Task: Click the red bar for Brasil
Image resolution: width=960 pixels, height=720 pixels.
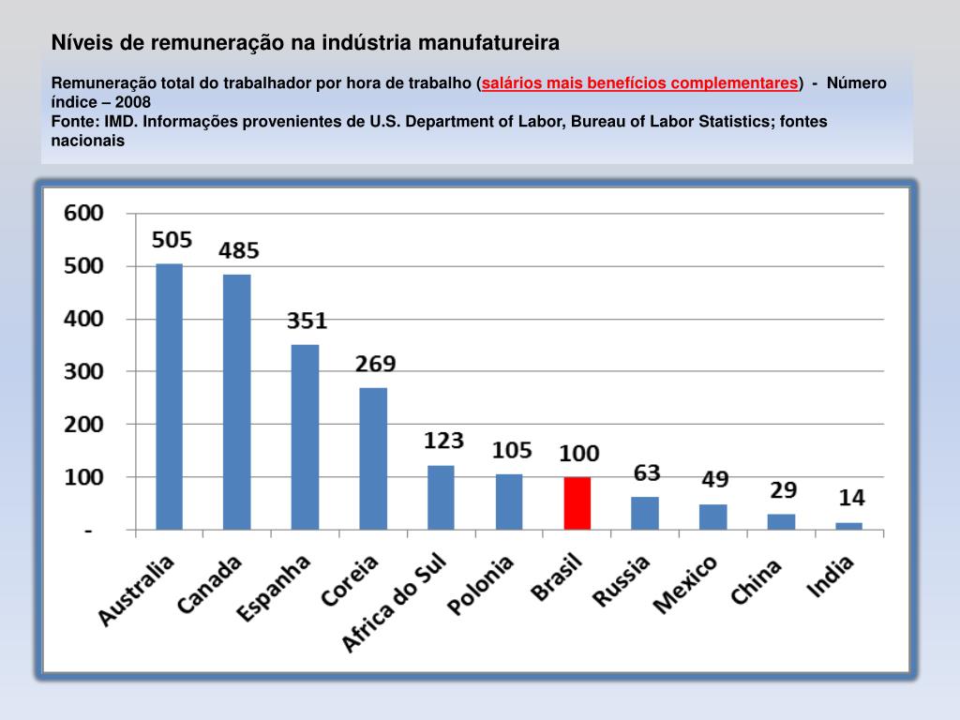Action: [x=577, y=503]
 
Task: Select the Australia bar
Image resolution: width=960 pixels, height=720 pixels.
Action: [x=169, y=397]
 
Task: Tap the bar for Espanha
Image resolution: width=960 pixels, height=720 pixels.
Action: [x=305, y=437]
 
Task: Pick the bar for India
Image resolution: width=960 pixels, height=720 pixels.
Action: [x=848, y=526]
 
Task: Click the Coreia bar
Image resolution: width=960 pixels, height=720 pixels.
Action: [x=373, y=458]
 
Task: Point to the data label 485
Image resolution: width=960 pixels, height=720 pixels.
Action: [x=239, y=251]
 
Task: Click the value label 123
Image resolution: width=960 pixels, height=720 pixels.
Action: [x=444, y=441]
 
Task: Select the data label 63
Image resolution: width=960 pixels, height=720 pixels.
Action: [x=647, y=472]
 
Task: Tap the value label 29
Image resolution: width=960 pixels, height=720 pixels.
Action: [x=783, y=489]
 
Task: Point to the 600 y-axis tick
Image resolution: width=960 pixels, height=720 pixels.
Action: [x=83, y=214]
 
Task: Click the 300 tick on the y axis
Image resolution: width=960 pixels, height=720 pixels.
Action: [x=83, y=372]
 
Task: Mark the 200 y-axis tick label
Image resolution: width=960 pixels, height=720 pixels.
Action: [x=83, y=425]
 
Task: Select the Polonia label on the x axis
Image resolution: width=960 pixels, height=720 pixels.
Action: [x=480, y=586]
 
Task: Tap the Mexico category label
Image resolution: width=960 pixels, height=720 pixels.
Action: [x=684, y=585]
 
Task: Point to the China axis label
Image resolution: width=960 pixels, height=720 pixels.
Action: [x=756, y=581]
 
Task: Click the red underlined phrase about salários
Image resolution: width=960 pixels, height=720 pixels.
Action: [x=641, y=82]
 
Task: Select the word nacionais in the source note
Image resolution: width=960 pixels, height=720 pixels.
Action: [x=87, y=141]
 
